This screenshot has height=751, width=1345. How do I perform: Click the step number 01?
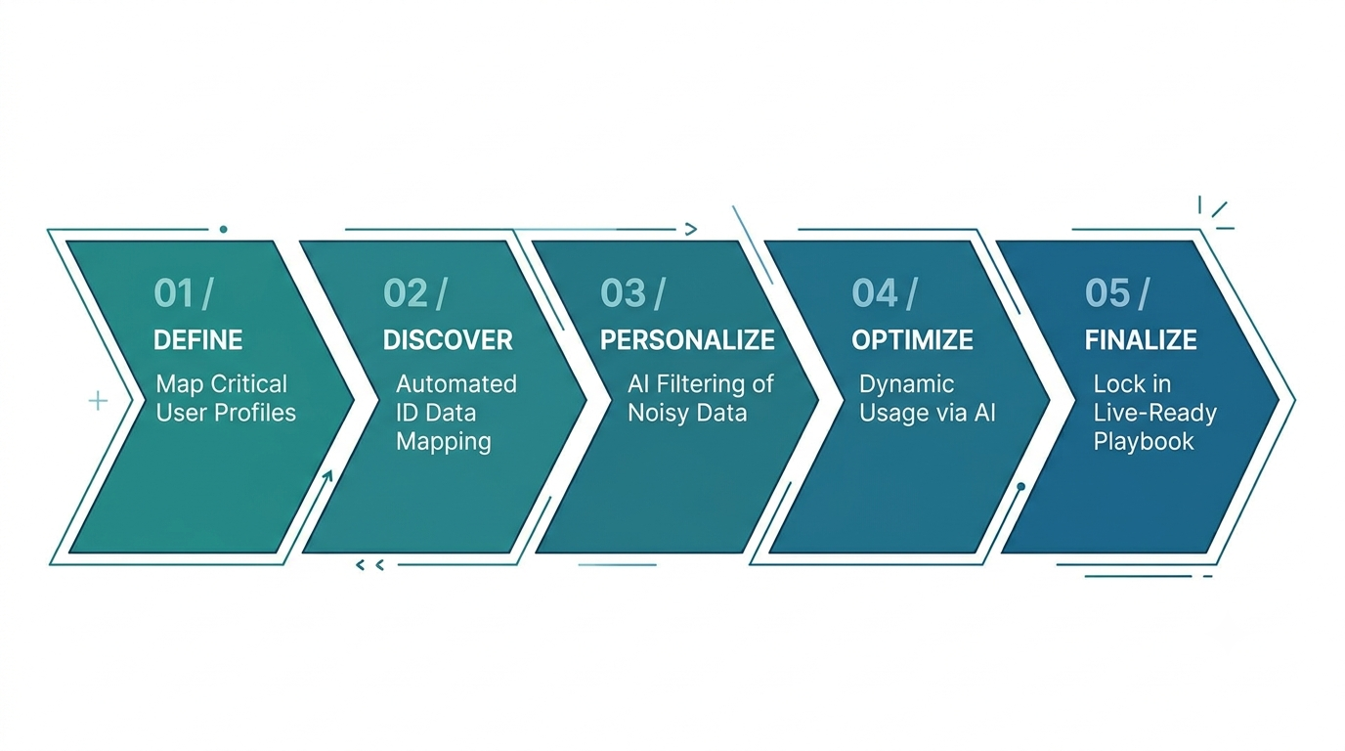click(x=174, y=293)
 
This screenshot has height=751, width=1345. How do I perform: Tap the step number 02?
click(x=406, y=293)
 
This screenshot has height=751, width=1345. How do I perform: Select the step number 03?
click(x=623, y=293)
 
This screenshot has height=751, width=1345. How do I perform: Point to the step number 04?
click(x=875, y=293)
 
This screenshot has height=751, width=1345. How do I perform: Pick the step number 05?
click(x=1107, y=293)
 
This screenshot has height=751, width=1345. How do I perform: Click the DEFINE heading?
click(x=198, y=340)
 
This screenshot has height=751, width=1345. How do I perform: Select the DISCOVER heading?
click(x=448, y=340)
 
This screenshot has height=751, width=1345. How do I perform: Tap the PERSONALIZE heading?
click(x=687, y=340)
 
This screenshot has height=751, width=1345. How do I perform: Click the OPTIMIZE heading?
click(x=913, y=340)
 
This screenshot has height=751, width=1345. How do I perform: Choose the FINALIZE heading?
click(x=1141, y=340)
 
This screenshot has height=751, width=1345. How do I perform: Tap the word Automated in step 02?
click(x=456, y=384)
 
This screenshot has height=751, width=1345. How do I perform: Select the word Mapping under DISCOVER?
click(x=444, y=443)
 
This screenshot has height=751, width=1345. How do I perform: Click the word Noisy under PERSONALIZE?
click(x=655, y=414)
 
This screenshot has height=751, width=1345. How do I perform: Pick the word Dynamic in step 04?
click(x=907, y=384)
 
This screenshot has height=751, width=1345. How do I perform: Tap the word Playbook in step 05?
click(x=1144, y=442)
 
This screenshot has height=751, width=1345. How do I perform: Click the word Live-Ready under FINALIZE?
click(x=1155, y=414)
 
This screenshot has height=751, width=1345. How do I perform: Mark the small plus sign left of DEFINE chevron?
click(x=98, y=401)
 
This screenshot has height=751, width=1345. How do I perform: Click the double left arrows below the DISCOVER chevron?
click(x=369, y=565)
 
